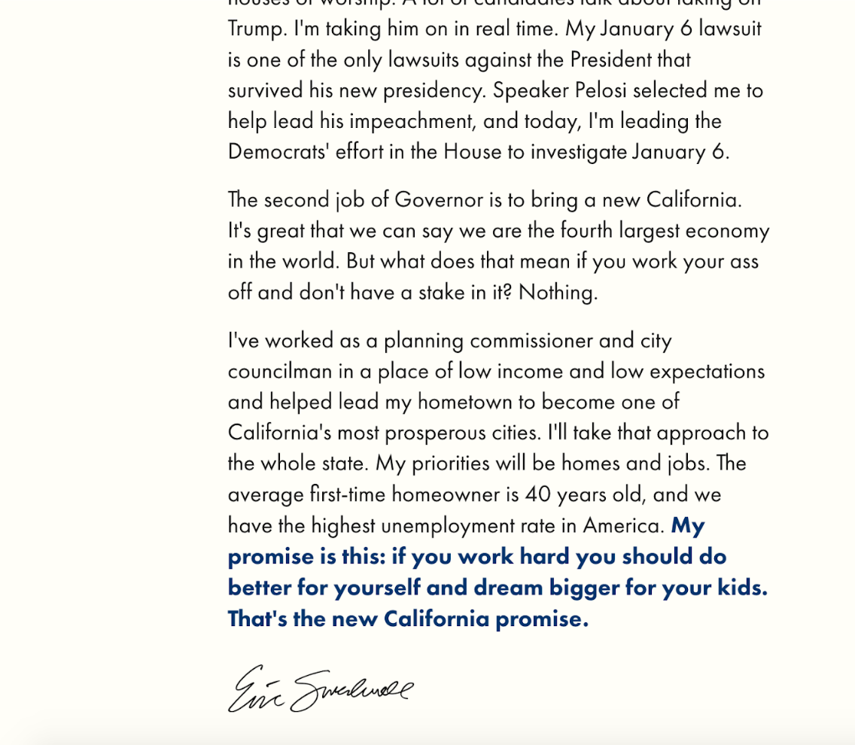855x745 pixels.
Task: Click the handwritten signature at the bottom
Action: point(320,689)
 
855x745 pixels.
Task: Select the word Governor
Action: point(439,200)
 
